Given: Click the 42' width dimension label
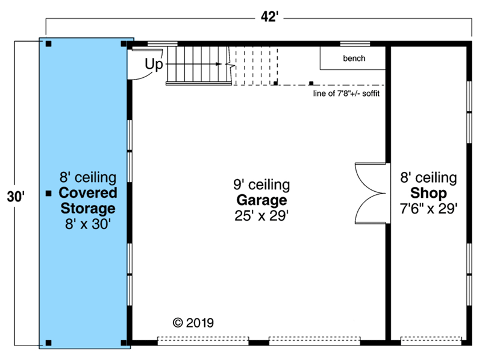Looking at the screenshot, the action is (269, 17).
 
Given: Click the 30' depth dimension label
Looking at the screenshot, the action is (16, 197).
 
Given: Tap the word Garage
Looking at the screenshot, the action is (261, 200).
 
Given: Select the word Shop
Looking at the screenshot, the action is (428, 193).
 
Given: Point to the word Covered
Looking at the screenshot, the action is (88, 192).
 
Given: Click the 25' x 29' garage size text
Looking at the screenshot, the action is (261, 216).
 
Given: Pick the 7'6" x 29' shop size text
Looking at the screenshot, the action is (428, 209).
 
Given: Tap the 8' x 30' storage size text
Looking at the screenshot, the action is (88, 224).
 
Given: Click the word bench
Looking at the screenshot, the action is (354, 58).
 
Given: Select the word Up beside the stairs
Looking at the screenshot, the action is (154, 65).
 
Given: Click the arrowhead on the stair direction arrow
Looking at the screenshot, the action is (219, 64).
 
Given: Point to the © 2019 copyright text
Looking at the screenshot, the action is (193, 323).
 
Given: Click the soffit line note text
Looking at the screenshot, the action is (346, 93).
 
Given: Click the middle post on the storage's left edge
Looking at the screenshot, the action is (49, 193).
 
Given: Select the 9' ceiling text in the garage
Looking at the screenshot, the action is (261, 185).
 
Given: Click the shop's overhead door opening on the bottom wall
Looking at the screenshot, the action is (431, 341).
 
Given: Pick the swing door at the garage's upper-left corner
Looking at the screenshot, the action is (145, 64).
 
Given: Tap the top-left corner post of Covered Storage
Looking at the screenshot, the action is (49, 43).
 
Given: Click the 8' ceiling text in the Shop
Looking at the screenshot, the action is (428, 177).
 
